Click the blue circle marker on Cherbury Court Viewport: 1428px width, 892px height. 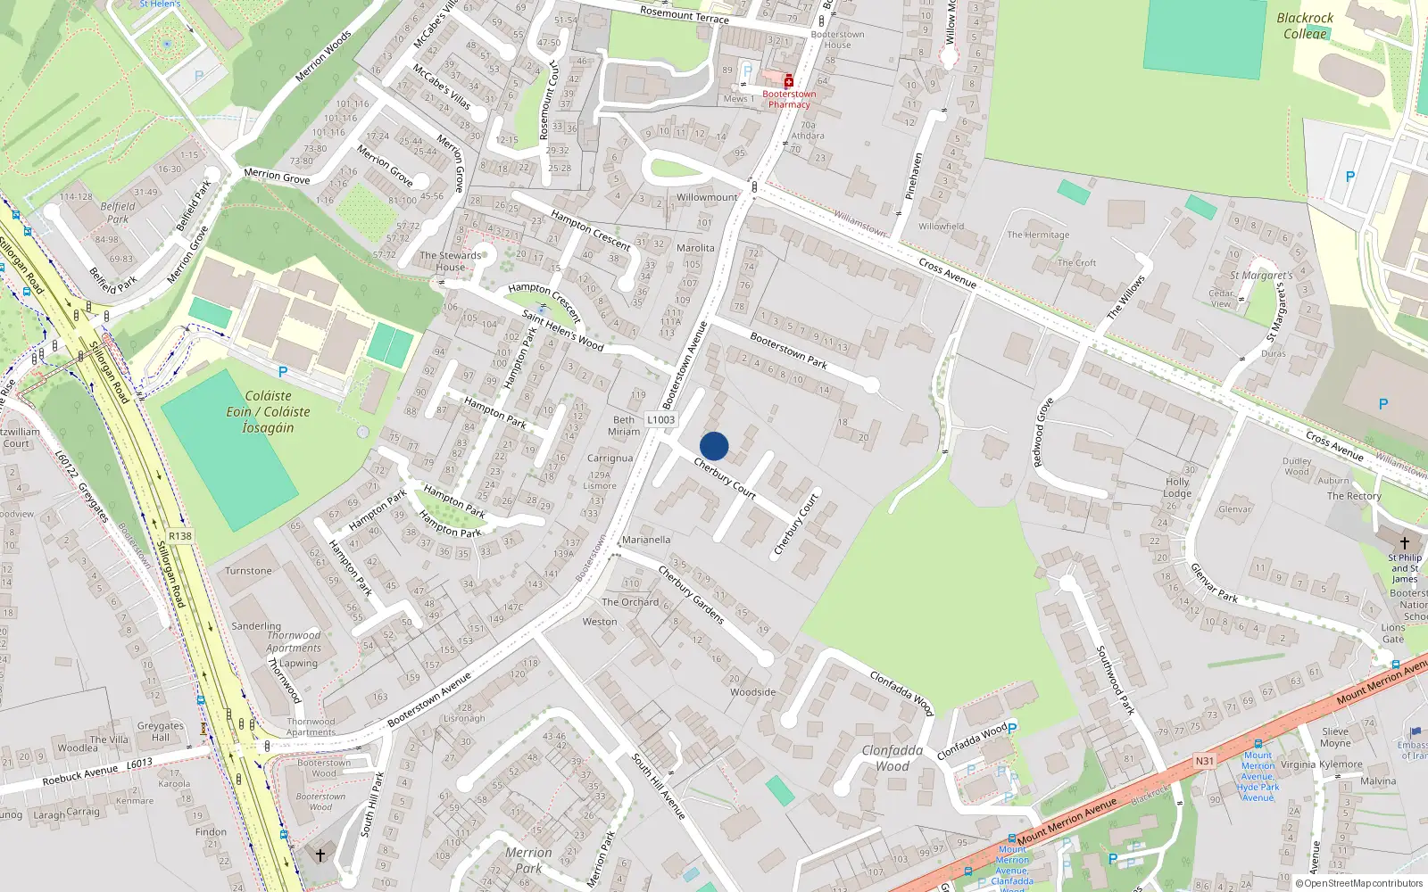(714, 446)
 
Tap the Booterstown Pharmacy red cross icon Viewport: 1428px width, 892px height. (789, 81)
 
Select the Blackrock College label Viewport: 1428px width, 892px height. (1304, 26)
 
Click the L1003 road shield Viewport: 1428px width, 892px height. (661, 419)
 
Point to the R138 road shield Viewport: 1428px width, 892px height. (180, 536)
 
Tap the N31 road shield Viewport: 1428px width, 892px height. (1205, 761)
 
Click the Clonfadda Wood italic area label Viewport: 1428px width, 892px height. (892, 758)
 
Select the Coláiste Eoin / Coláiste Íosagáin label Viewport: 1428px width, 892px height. (268, 411)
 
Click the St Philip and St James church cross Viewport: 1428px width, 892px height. (1404, 542)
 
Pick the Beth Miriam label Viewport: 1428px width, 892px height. (624, 425)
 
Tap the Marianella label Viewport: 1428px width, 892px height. (646, 540)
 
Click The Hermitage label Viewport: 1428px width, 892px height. (1038, 235)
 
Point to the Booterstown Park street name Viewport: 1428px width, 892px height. (788, 350)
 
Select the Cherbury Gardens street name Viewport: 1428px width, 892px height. (691, 594)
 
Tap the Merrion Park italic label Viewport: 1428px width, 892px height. (528, 860)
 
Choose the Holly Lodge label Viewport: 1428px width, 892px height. (1177, 487)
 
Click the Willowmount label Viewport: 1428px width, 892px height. (707, 197)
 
